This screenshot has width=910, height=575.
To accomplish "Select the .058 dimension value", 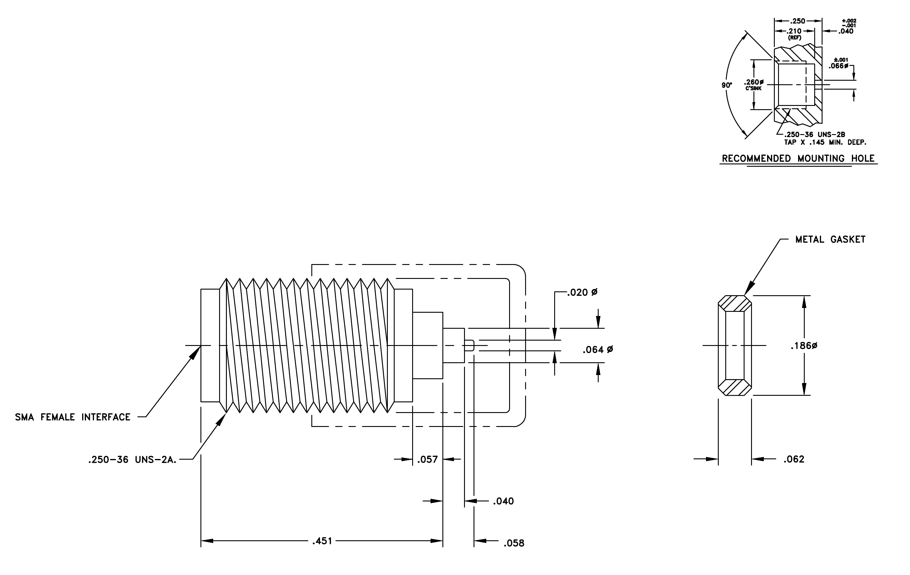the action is click(514, 543).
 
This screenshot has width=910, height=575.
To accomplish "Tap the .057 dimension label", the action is click(427, 459).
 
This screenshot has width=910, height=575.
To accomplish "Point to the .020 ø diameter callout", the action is click(582, 292).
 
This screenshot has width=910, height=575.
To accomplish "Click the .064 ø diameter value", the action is click(598, 350).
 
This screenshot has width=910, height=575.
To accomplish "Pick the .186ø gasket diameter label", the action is click(804, 346).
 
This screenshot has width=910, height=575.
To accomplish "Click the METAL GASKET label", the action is click(830, 239).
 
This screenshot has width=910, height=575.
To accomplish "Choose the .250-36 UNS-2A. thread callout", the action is click(132, 460).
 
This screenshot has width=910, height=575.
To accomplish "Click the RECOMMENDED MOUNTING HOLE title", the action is click(798, 158).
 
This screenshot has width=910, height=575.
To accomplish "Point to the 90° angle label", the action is click(727, 85).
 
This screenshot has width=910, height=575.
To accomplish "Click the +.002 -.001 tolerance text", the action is click(849, 23).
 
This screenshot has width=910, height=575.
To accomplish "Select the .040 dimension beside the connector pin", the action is click(503, 501).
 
